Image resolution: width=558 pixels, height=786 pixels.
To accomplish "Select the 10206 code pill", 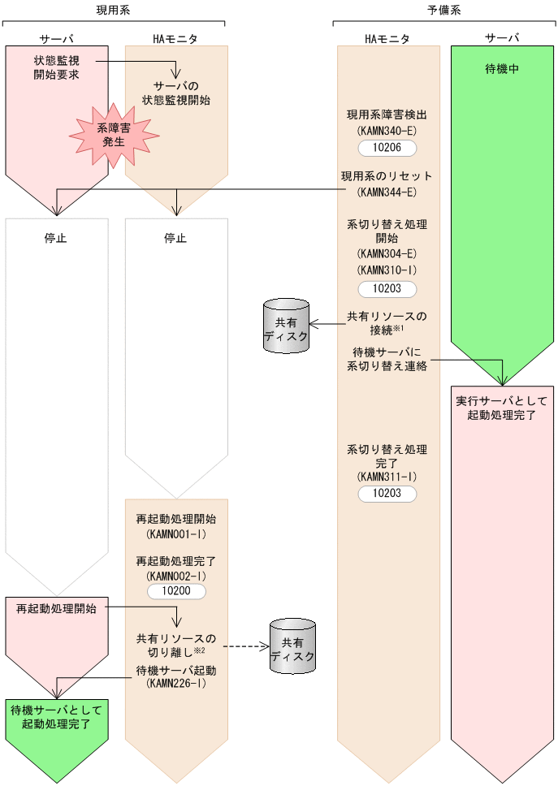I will click(x=387, y=148).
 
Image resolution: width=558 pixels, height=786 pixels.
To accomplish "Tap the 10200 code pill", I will click(x=176, y=591).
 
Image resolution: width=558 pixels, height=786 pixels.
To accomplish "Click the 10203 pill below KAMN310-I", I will click(x=387, y=289).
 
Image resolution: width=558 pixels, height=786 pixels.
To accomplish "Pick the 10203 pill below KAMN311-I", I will click(x=387, y=494).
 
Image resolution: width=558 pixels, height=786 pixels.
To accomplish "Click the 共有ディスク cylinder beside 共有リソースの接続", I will click(x=286, y=326).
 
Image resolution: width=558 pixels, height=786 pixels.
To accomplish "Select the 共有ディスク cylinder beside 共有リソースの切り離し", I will click(x=292, y=646).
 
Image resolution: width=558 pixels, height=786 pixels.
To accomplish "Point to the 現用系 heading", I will click(x=113, y=10).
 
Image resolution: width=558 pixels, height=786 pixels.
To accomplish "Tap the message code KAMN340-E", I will click(x=387, y=130).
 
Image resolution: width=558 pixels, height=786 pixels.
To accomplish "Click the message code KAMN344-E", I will click(x=387, y=192).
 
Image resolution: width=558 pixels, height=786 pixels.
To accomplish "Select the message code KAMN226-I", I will click(x=176, y=685).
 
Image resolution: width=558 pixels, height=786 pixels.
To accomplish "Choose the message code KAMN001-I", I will click(x=176, y=535).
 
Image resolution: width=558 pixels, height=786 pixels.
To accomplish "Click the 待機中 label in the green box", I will click(x=503, y=69).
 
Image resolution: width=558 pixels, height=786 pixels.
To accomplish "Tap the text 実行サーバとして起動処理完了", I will click(x=503, y=408).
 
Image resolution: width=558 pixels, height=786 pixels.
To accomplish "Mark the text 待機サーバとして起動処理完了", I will click(x=56, y=716).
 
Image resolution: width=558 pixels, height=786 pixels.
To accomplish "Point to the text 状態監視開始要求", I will click(x=56, y=67).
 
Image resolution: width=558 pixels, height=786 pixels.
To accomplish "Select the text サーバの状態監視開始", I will click(x=176, y=93).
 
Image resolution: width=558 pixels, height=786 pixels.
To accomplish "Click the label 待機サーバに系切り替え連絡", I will click(x=387, y=358).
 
